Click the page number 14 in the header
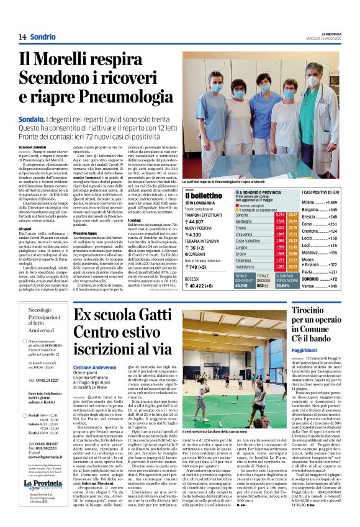click(x=22, y=37)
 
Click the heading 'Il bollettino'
click(x=200, y=196)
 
